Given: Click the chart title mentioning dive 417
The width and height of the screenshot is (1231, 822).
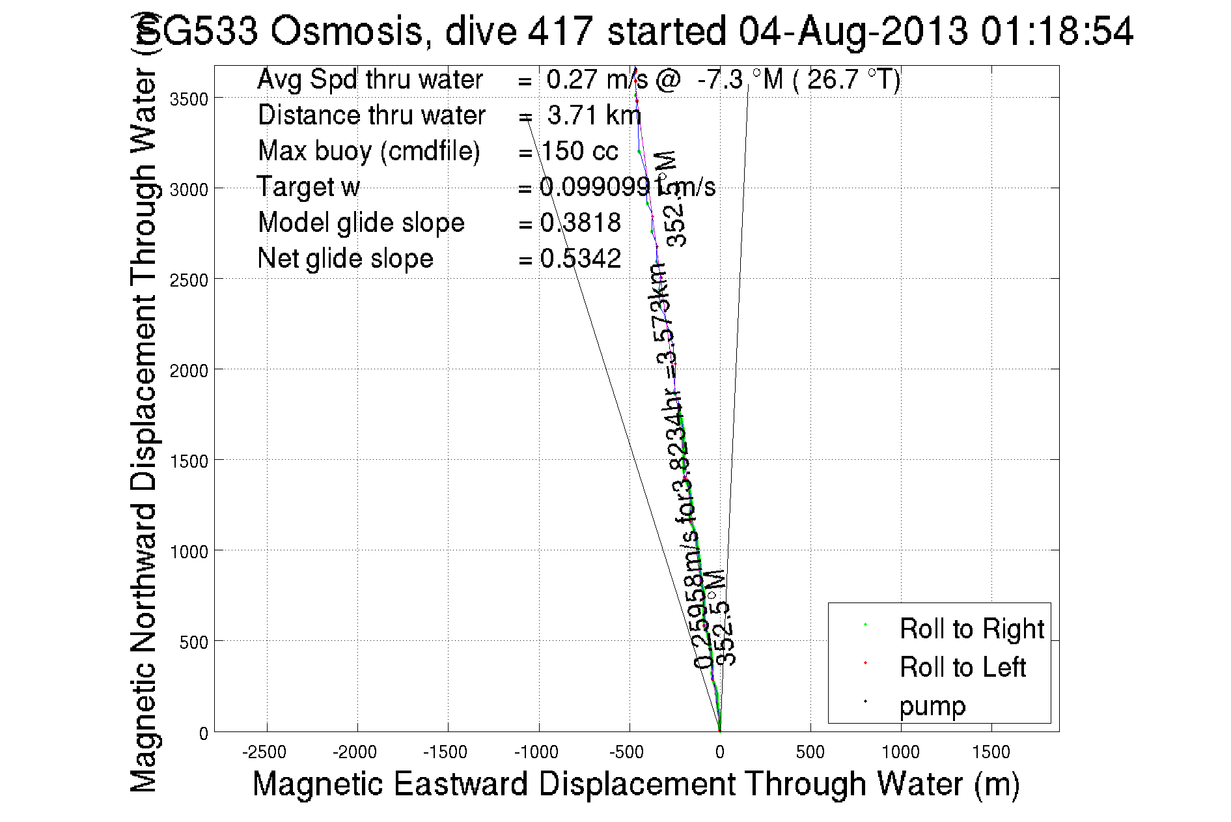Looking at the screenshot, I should coord(635,31).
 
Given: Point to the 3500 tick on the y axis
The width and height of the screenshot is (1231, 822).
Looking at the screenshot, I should coord(189,98).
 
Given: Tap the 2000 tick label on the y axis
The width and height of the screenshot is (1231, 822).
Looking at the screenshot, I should coord(189,370).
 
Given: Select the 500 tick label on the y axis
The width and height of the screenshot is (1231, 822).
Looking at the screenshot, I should coord(194,642).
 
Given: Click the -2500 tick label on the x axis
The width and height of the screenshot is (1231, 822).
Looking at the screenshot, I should coord(264,752).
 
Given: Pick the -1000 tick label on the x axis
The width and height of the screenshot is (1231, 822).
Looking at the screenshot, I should coord(536,752).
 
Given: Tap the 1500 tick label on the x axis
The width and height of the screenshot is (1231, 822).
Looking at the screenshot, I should coord(991,752).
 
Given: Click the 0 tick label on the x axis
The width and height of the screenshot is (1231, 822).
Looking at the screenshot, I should coord(719,752).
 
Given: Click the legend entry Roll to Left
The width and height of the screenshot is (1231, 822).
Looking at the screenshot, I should coord(962,667).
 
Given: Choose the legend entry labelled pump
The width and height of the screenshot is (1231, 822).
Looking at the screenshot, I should coord(932,705).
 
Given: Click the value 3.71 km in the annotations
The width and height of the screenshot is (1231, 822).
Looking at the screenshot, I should coord(594,115).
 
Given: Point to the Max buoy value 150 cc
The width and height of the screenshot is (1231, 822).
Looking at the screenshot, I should coord(579,151).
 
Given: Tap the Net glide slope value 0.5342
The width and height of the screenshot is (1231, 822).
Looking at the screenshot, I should coord(580,259).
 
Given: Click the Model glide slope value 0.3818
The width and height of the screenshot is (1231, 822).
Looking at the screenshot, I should coord(580,223).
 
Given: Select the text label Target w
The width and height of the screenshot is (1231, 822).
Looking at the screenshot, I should coord(309,187).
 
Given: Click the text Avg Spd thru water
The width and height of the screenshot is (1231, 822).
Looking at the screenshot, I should coord(370,79).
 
